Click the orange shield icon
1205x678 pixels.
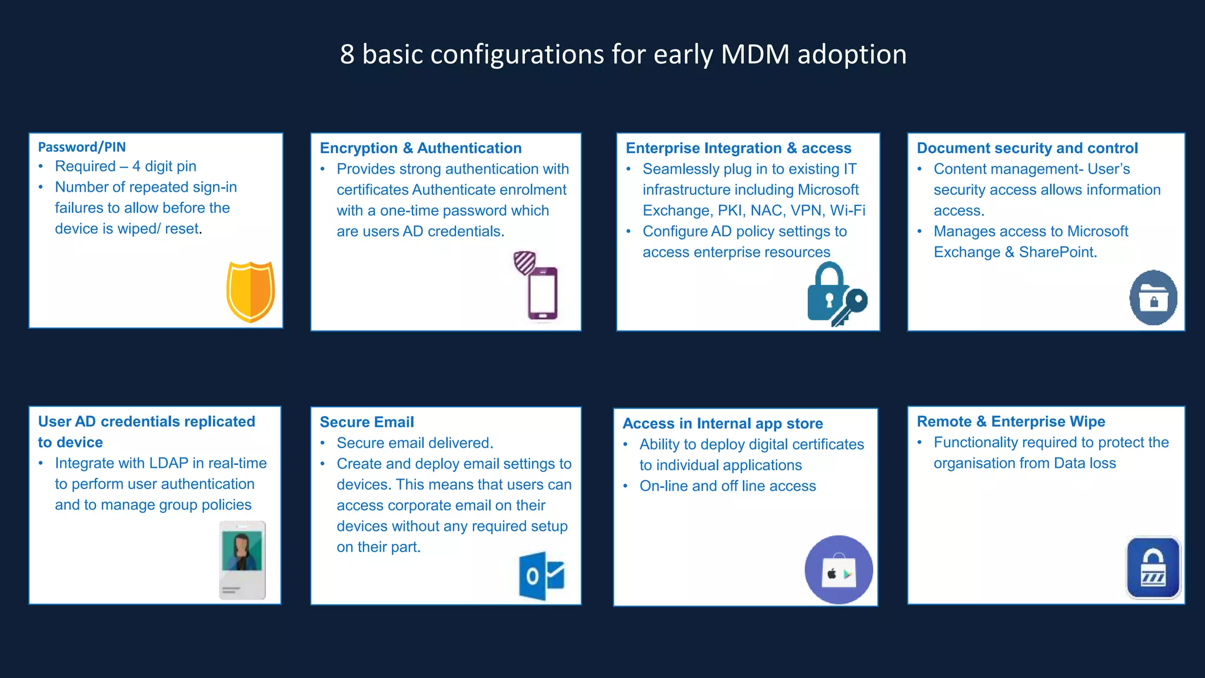coord(251,292)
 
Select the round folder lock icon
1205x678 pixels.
coord(1153,298)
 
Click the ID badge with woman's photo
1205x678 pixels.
coord(242,560)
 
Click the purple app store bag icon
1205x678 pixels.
coord(838,570)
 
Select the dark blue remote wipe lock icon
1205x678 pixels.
coord(1153,568)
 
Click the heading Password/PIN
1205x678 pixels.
coord(82,147)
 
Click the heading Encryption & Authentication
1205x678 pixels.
coord(421,148)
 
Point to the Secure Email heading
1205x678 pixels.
coord(367,422)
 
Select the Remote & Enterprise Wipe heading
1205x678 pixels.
coord(1011,421)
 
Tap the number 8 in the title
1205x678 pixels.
coord(347,54)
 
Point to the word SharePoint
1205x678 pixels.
coord(1057,252)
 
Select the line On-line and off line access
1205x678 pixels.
coord(728,486)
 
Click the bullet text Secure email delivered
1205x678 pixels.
coord(415,443)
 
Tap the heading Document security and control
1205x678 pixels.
coord(1027,148)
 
